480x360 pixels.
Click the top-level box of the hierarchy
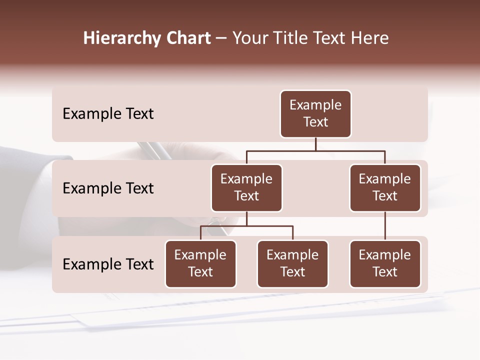[315, 114]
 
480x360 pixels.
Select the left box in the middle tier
[246, 188]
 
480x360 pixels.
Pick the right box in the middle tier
[385, 188]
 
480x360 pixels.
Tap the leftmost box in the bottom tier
[200, 264]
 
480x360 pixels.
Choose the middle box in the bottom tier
[292, 264]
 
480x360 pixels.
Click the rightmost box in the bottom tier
[385, 264]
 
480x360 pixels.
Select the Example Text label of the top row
[108, 114]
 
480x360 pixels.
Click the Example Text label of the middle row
[108, 188]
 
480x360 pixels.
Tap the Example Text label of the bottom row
[108, 264]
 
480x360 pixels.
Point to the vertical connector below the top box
[315, 144]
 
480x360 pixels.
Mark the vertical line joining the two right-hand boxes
[385, 226]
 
